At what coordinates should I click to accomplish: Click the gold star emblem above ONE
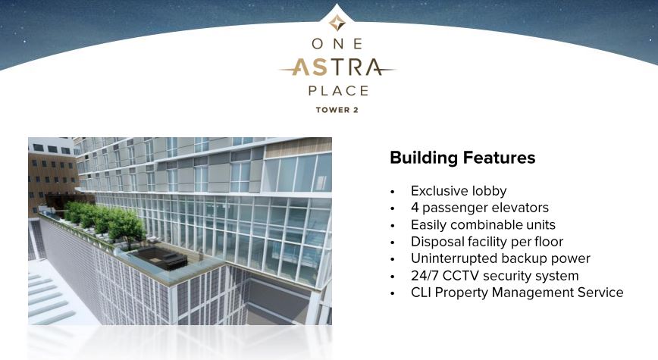tap(337, 23)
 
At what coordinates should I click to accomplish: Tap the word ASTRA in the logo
tap(337, 67)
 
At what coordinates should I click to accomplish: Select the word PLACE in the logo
tap(338, 91)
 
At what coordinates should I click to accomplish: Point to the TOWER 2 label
tap(337, 110)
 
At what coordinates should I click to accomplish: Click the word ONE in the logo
tap(337, 44)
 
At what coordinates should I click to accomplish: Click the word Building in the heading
tap(424, 158)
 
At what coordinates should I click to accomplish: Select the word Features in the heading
tap(499, 158)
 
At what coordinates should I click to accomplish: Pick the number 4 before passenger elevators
tap(415, 208)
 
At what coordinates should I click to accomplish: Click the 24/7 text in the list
tap(425, 276)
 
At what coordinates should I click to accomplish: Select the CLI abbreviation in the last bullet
tap(421, 293)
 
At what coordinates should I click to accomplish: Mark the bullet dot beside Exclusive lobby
tap(393, 192)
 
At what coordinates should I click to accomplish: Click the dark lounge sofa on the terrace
tap(158, 256)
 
